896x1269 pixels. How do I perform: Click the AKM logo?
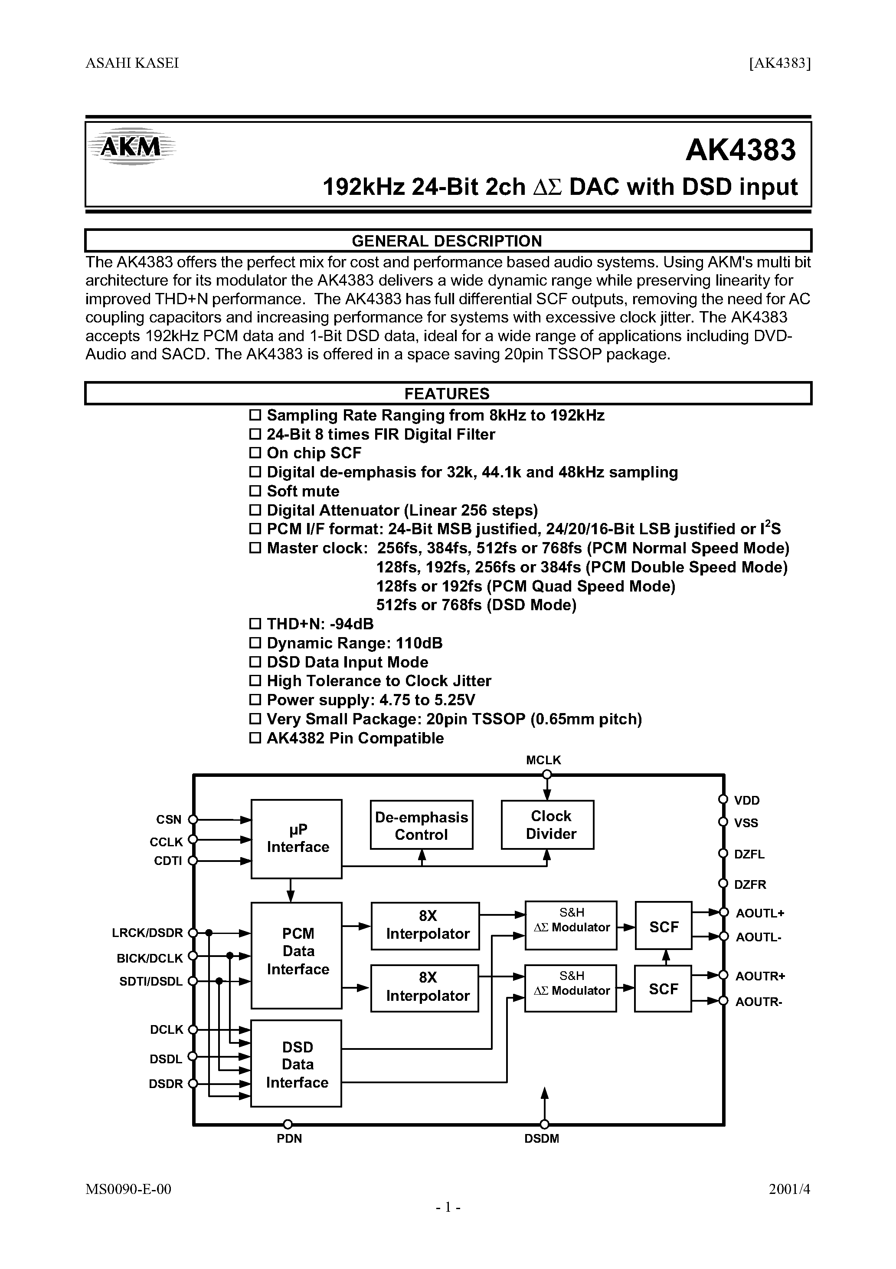[x=131, y=147]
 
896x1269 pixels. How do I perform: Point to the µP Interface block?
[x=297, y=838]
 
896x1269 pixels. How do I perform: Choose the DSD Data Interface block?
[x=297, y=1065]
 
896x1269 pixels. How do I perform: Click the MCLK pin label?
[x=543, y=760]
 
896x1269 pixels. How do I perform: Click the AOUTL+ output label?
[x=759, y=913]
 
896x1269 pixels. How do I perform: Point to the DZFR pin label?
[x=749, y=884]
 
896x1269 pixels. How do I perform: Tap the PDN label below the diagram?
[x=289, y=1138]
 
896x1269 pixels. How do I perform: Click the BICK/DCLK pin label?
[x=150, y=958]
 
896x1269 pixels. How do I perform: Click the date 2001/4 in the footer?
[x=789, y=1204]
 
